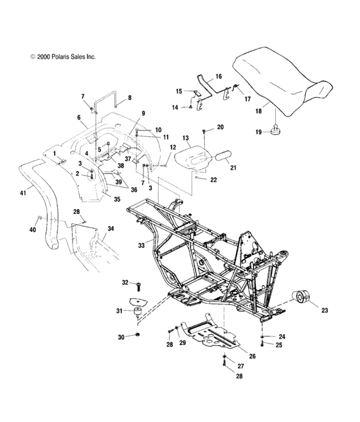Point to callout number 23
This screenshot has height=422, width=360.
[324, 310]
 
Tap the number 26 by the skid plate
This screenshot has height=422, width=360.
[253, 356]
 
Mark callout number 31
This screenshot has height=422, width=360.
[118, 312]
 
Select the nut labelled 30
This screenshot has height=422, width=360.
[139, 336]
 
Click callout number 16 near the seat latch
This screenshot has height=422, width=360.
[218, 76]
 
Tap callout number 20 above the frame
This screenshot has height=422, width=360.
[220, 128]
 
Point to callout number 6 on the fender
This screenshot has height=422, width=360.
[79, 118]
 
